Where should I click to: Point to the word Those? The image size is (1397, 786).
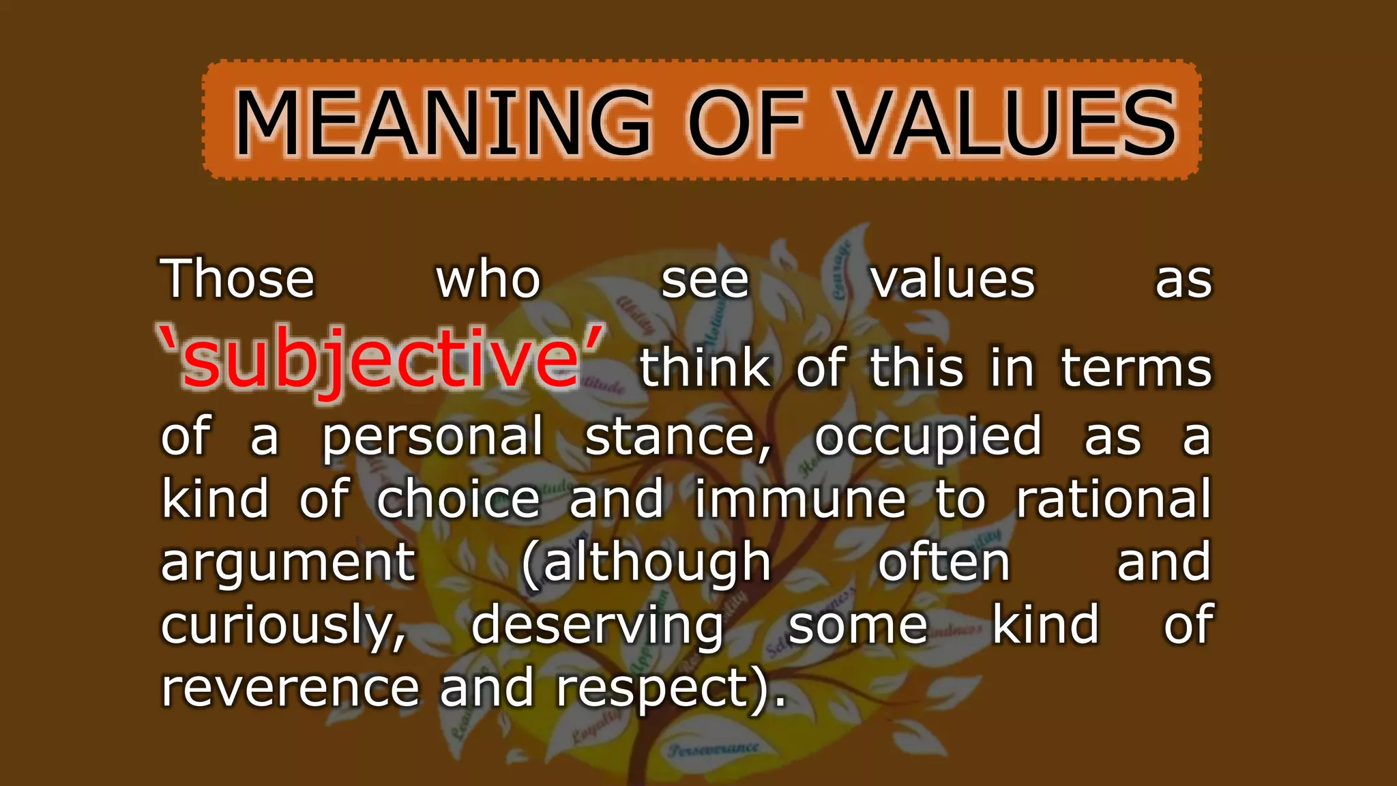(237, 280)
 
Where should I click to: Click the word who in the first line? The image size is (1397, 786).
(488, 280)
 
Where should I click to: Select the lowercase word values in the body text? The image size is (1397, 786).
(952, 280)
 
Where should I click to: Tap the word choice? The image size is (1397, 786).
(458, 499)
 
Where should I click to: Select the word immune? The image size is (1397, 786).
(800, 499)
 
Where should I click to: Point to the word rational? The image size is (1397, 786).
(1113, 499)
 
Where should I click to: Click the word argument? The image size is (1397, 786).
(288, 564)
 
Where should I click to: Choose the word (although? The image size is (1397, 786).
(645, 564)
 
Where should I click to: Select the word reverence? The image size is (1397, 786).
(290, 688)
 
